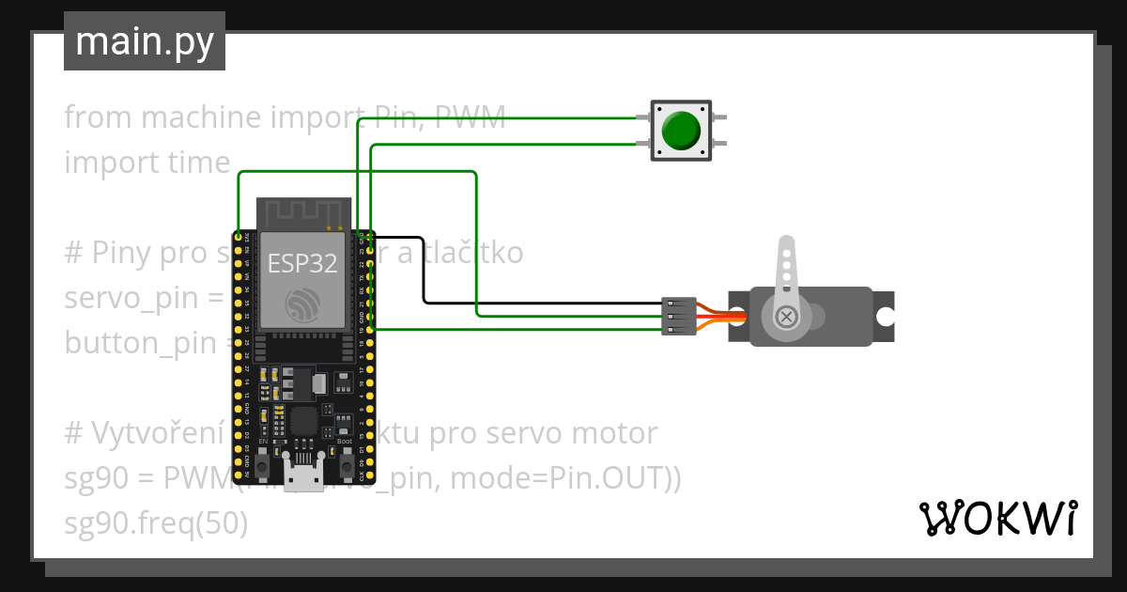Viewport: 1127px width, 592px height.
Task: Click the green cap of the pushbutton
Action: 680,131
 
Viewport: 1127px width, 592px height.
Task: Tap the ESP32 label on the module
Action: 302,264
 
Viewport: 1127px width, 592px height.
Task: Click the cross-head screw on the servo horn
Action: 787,318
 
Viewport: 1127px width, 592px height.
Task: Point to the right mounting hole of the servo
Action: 885,318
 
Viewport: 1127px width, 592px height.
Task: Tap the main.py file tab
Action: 144,41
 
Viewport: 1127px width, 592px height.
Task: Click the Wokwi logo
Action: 997,518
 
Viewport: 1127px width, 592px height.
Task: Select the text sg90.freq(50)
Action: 156,523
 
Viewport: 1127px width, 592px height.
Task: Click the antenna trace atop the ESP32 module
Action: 303,213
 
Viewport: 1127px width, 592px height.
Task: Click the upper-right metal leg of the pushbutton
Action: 718,117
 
